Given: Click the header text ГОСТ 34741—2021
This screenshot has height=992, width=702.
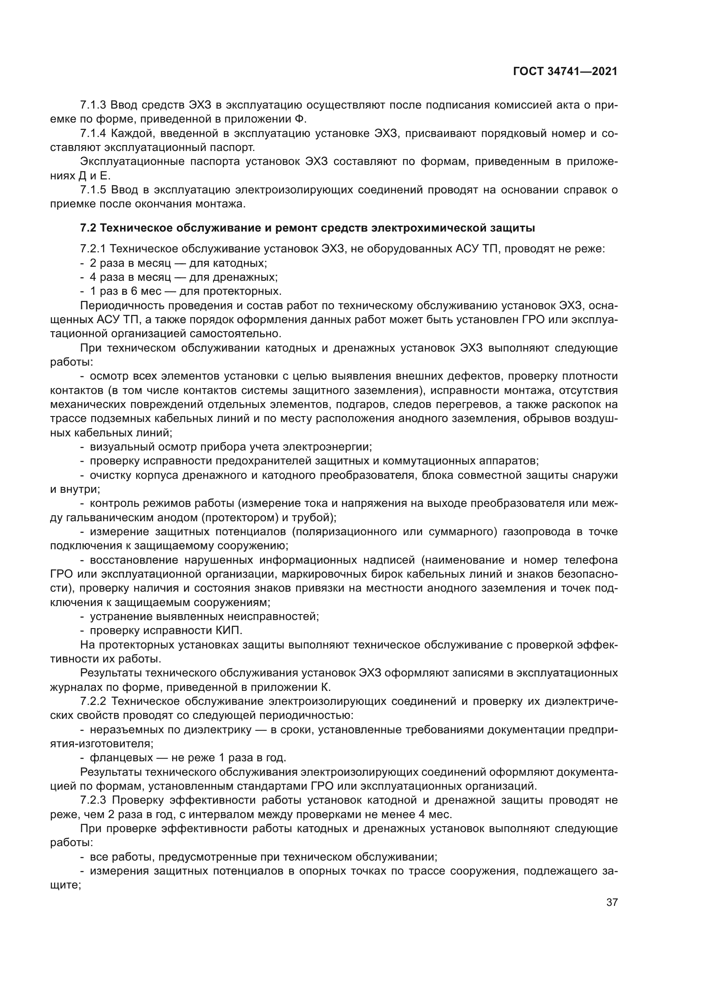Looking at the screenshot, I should point(565,72).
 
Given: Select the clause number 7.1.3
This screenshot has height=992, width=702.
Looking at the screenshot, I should point(93,105).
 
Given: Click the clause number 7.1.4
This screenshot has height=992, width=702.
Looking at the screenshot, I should point(93,134).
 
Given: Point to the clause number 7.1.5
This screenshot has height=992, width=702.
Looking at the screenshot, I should point(93,190).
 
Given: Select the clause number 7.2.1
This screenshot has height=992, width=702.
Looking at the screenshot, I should point(93,249).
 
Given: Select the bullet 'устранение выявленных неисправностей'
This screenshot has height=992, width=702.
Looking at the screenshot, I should point(204,616).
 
